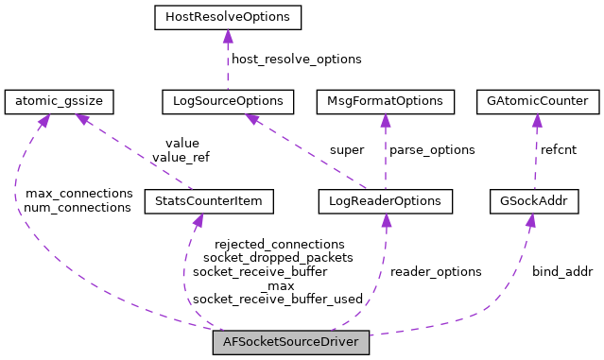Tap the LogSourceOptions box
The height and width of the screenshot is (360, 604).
[x=227, y=100]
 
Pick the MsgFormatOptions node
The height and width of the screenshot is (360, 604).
[x=385, y=100]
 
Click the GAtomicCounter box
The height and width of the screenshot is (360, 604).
[x=536, y=100]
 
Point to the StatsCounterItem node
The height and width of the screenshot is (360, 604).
[x=209, y=200]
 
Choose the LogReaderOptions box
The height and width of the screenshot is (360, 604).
[x=385, y=200]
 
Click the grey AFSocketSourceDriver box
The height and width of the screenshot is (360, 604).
[x=291, y=342]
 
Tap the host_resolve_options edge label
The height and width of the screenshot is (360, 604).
[x=296, y=59]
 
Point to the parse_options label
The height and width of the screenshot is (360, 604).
[x=432, y=149]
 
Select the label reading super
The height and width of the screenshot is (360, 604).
[x=346, y=149]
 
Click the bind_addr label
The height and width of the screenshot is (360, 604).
[x=562, y=271]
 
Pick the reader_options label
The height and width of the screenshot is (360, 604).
[x=436, y=271]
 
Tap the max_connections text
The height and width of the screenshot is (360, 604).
[x=78, y=193]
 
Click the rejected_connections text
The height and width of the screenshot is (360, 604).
[x=273, y=244]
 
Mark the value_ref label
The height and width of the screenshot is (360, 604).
[x=181, y=157]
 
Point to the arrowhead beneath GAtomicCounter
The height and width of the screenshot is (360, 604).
[x=536, y=119]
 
